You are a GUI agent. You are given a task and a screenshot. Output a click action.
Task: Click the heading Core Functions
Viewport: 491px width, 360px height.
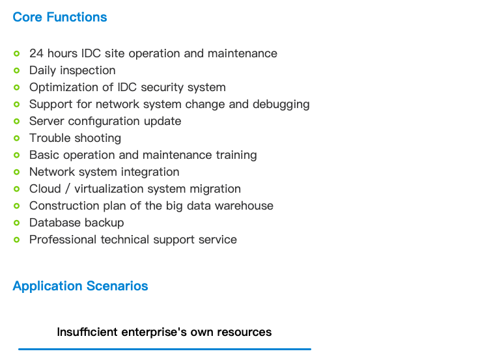pyautogui.click(x=60, y=17)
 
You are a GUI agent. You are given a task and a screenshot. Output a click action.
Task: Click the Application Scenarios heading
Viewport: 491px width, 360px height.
pyautogui.click(x=80, y=286)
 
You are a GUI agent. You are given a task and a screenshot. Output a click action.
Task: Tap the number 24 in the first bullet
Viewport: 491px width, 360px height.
pyautogui.click(x=36, y=53)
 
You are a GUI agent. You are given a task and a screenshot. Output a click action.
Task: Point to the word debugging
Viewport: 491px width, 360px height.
pyautogui.click(x=281, y=105)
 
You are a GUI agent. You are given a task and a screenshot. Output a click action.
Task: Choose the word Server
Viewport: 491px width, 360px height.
pyautogui.click(x=47, y=121)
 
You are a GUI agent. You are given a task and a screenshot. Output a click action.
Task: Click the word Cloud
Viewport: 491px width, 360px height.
pyautogui.click(x=45, y=189)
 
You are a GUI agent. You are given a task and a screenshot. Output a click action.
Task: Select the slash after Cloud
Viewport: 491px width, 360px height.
pyautogui.click(x=68, y=189)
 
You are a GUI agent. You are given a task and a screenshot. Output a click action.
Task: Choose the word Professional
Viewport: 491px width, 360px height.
pyautogui.click(x=63, y=240)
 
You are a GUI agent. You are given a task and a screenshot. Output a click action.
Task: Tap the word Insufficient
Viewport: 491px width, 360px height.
pyautogui.click(x=87, y=332)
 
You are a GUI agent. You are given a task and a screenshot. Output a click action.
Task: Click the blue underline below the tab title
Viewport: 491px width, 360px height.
pyautogui.click(x=165, y=349)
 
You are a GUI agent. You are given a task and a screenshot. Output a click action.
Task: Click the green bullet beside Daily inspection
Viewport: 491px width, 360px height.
pyautogui.click(x=16, y=70)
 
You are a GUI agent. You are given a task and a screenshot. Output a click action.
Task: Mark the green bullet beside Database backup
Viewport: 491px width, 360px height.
pyautogui.click(x=16, y=223)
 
